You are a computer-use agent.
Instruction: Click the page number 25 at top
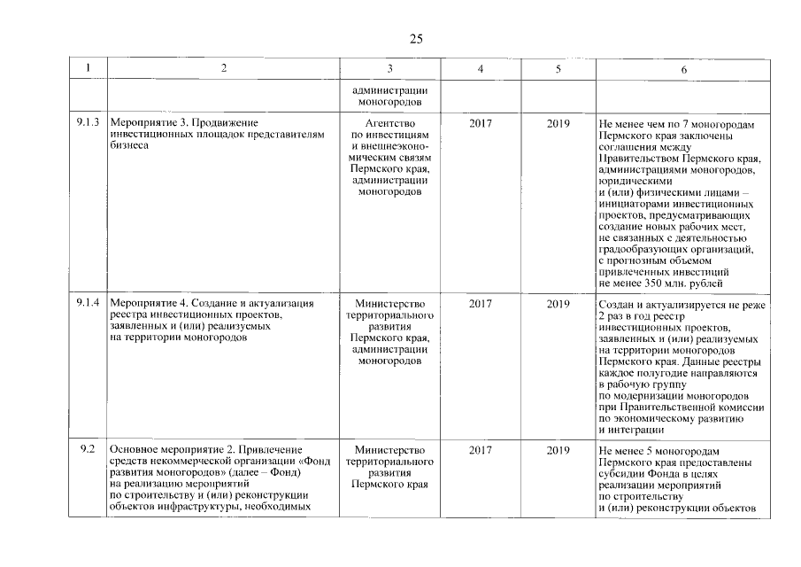pyautogui.click(x=416, y=38)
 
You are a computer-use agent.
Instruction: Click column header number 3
pyautogui.click(x=389, y=69)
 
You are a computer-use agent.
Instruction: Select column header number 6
pyautogui.click(x=682, y=69)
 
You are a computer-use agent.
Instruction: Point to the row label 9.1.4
pyautogui.click(x=88, y=304)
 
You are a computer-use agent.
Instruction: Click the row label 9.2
pyautogui.click(x=88, y=450)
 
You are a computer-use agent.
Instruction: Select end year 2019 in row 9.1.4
pyautogui.click(x=558, y=304)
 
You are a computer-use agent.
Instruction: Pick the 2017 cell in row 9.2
pyautogui.click(x=481, y=450)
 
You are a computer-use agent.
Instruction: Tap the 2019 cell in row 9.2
pyautogui.click(x=558, y=450)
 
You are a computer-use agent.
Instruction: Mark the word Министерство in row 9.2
pyautogui.click(x=389, y=450)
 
